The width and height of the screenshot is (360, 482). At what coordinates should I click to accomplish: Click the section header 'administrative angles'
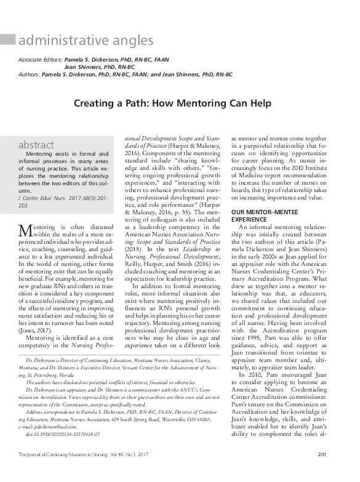(x=86, y=41)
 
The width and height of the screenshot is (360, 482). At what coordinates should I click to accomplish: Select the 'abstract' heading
(x=36, y=145)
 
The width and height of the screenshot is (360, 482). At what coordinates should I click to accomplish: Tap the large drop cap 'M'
(x=26, y=230)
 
